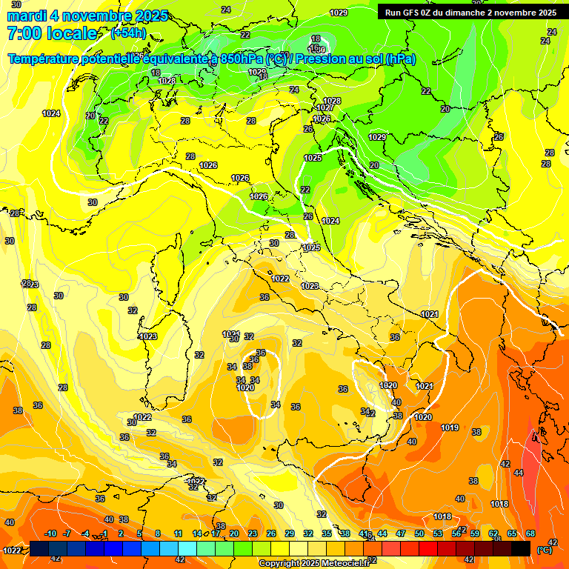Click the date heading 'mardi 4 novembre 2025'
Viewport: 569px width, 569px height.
pos(87,16)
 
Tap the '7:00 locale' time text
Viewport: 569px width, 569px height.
pos(52,33)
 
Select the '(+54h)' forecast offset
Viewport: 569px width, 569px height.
pos(128,33)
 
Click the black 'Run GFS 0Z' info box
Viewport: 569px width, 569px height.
pos(470,12)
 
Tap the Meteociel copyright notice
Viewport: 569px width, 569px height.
pos(314,563)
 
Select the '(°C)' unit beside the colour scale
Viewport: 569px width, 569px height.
pos(545,550)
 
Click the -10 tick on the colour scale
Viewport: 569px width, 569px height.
pos(50,533)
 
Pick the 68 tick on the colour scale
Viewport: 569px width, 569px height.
pos(530,533)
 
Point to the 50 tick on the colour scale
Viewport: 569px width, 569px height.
pos(419,533)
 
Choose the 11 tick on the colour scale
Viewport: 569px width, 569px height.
pos(179,533)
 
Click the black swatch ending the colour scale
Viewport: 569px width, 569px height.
pos(521,548)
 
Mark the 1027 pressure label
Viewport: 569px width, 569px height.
pos(325,108)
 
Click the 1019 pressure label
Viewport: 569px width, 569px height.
pos(450,427)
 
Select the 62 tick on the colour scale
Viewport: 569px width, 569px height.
pos(493,533)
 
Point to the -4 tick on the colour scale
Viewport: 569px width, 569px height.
pos(86,533)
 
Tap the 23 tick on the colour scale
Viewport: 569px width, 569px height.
pos(253,533)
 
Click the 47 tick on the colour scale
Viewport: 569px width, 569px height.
pos(401,533)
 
